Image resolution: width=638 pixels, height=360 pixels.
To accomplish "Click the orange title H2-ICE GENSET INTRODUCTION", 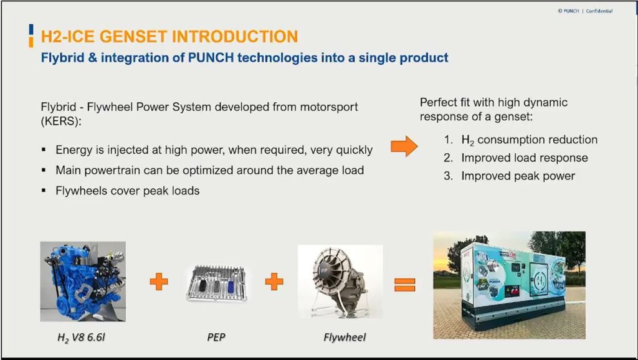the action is click(x=169, y=37).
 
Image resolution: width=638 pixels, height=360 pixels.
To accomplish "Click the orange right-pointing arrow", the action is click(x=404, y=146).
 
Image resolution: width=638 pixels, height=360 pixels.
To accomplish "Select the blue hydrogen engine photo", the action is click(x=83, y=282).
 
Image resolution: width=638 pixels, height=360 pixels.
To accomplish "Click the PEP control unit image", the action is click(x=217, y=283).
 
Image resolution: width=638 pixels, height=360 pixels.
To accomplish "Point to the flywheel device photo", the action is click(x=340, y=282).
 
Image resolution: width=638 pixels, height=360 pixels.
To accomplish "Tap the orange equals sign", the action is click(x=405, y=285).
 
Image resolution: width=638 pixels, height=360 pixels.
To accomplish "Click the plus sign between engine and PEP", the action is click(x=159, y=282).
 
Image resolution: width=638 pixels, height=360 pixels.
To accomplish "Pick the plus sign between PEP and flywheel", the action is click(x=274, y=282).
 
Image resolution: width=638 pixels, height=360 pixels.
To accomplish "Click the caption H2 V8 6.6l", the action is click(x=82, y=338).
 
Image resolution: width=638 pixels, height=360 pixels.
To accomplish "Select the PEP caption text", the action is click(x=216, y=337).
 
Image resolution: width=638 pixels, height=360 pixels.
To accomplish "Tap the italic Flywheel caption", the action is click(x=345, y=338).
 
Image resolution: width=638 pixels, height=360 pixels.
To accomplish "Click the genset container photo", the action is click(x=510, y=285).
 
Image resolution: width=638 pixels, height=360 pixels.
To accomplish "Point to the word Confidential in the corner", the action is click(x=599, y=11).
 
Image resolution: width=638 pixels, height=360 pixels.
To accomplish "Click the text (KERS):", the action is click(x=61, y=121).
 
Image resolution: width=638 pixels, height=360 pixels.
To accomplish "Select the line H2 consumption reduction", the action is click(x=530, y=140).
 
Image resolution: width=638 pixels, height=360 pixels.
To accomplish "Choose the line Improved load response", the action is click(x=525, y=158).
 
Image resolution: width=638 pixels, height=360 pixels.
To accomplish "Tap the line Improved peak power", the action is click(x=518, y=176).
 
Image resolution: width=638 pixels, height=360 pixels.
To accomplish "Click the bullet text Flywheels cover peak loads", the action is click(x=127, y=191).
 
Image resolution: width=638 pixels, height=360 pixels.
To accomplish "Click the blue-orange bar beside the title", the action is click(x=31, y=36).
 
